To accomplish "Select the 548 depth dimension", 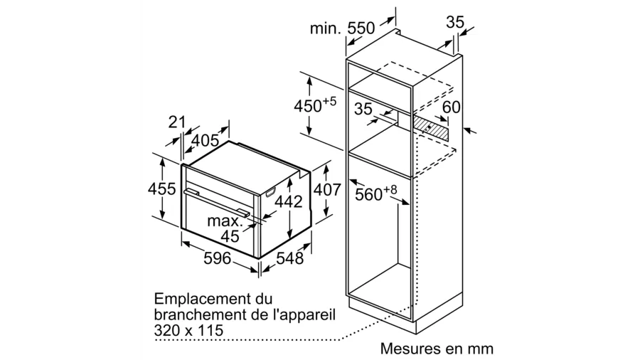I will (x=289, y=258).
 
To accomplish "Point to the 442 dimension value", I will (x=288, y=201).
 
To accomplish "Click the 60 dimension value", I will (x=451, y=107).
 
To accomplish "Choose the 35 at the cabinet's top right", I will (x=455, y=22).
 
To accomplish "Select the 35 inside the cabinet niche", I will (x=363, y=109).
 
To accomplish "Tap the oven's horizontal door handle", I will (x=217, y=202).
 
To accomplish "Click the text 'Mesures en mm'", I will (x=437, y=349).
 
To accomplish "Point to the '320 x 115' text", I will (x=188, y=330).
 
